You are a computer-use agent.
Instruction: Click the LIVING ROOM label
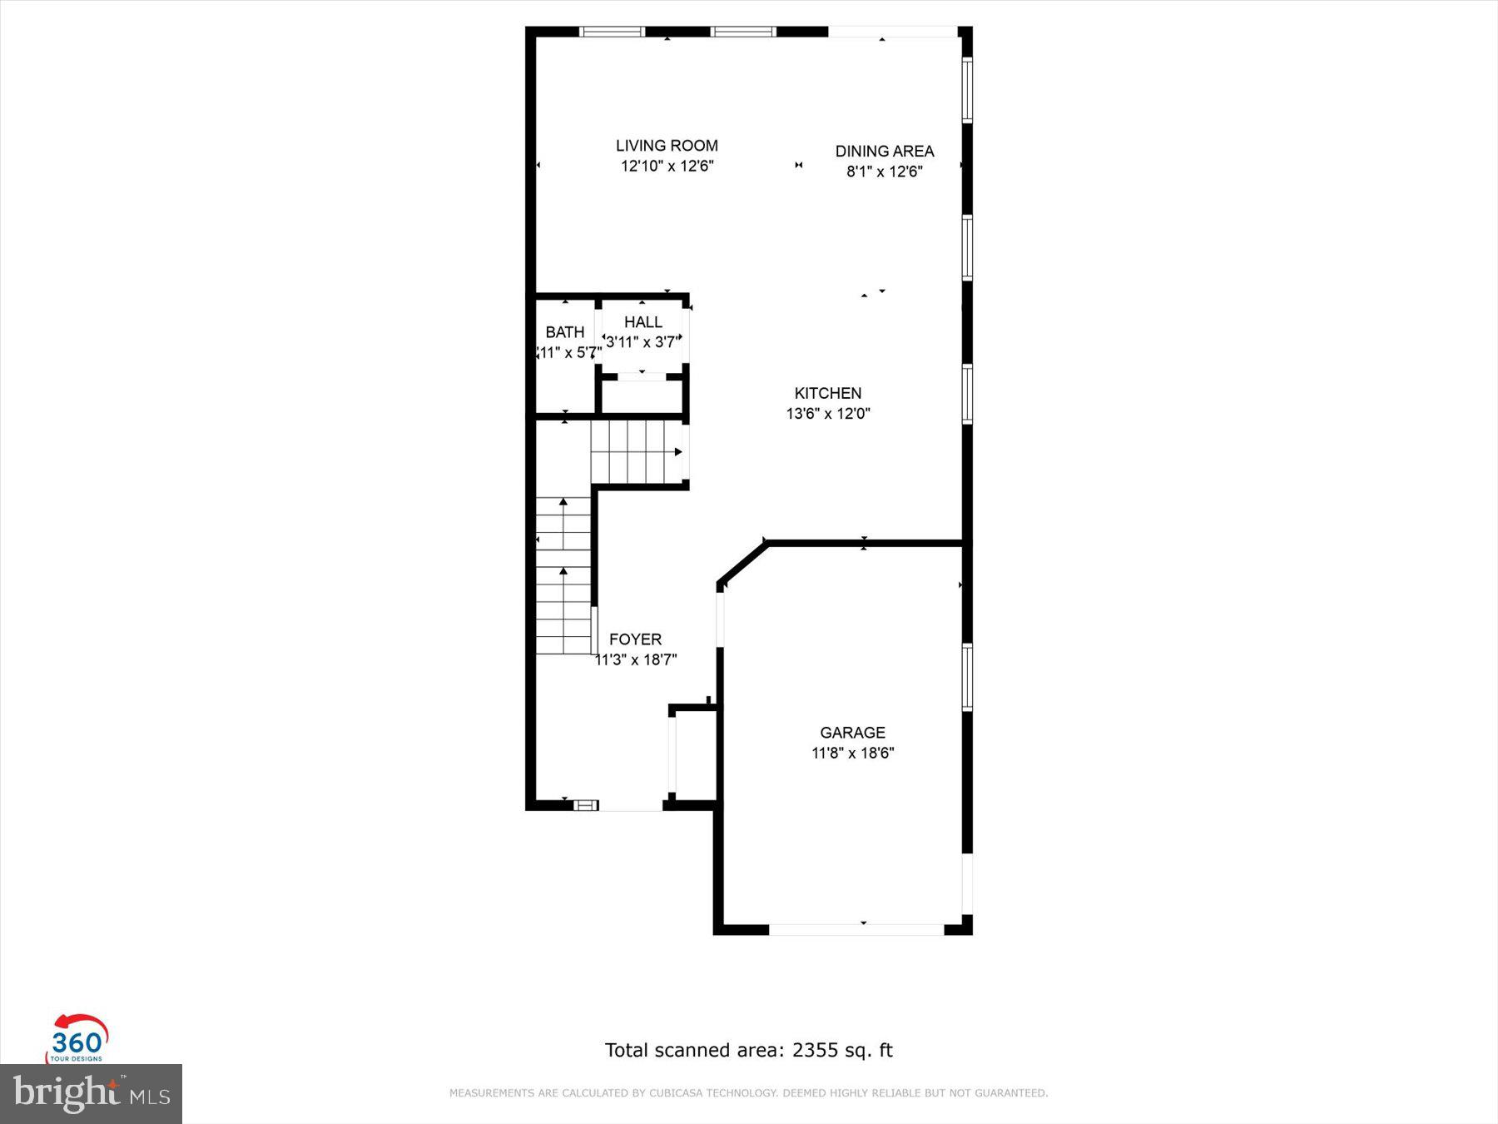[667, 146]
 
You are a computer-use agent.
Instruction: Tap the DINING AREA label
[884, 152]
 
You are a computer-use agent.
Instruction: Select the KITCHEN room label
[827, 393]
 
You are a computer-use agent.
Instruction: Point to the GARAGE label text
[852, 733]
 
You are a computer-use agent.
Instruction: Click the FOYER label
[635, 639]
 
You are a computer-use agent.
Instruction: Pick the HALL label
[643, 322]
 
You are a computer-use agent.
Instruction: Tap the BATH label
[564, 332]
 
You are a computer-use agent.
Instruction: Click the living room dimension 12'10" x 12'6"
[667, 167]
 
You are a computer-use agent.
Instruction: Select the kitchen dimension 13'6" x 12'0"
[827, 414]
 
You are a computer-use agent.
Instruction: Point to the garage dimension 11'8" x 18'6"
[852, 753]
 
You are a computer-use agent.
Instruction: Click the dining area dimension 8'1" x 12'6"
[884, 172]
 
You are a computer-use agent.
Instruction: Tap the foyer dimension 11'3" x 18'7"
[636, 660]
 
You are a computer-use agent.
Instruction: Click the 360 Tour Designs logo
[77, 1039]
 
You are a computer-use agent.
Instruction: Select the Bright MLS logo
[91, 1093]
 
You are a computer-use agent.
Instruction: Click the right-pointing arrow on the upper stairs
[678, 452]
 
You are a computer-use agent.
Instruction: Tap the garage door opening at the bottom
[856, 928]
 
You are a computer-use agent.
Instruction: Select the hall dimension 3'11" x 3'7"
[643, 342]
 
